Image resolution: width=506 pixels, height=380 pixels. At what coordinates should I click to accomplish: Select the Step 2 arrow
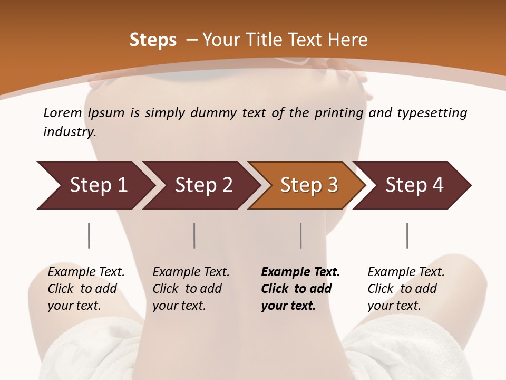203,185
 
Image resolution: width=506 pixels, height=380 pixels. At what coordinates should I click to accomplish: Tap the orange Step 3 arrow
308,185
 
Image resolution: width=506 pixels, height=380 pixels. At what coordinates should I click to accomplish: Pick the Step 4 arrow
414,185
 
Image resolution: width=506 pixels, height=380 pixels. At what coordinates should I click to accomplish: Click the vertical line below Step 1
89,235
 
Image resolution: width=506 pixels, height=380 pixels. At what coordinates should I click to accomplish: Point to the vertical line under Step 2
194,235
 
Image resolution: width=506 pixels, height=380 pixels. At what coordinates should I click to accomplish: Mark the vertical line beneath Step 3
300,235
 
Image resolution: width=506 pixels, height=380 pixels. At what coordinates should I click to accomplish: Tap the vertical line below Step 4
407,235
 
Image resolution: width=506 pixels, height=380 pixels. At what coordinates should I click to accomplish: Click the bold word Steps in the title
153,40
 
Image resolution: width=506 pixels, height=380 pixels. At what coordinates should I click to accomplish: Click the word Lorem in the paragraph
63,112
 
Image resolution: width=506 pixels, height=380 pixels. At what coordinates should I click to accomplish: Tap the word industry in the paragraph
70,131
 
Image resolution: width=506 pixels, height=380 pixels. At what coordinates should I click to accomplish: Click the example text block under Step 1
86,289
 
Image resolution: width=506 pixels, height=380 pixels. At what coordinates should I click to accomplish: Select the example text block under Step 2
191,289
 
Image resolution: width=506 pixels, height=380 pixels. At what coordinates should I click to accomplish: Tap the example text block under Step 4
406,289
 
